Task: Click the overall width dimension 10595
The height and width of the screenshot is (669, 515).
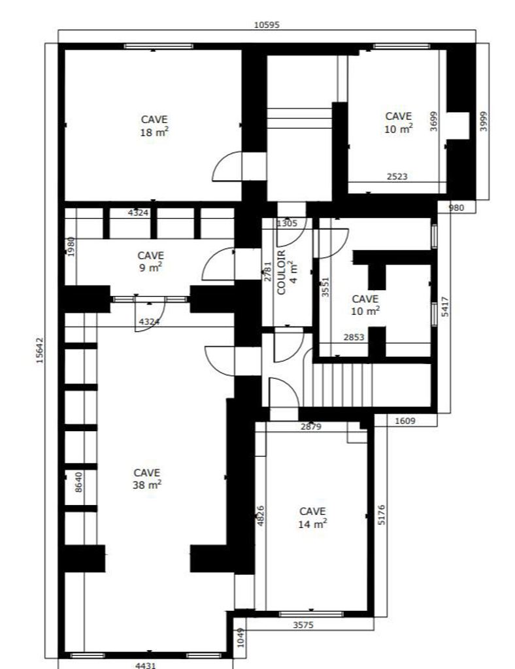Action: pos(267,25)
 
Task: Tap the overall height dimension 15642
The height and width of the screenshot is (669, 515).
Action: pos(40,350)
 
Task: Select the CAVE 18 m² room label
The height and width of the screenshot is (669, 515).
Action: pos(154,126)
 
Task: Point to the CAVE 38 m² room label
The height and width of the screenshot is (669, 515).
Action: pos(147,479)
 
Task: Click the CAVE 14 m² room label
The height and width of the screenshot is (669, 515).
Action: pos(312,517)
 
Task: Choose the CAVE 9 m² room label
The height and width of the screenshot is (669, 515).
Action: pos(150,261)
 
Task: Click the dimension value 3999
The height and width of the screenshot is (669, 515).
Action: pos(483,121)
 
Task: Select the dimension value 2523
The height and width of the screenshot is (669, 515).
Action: pos(397,176)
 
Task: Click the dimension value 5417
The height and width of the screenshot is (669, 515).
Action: pos(445,306)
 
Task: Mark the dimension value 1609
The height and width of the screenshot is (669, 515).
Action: pos(405,421)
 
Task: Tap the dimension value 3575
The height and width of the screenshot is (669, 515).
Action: pos(303,625)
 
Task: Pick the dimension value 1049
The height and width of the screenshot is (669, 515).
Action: pos(241,638)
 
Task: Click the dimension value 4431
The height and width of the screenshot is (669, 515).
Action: pos(146,665)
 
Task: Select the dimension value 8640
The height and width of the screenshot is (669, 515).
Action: pos(78,482)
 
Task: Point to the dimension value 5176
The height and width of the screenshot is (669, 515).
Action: pos(382,515)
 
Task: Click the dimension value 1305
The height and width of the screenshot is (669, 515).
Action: pos(287,223)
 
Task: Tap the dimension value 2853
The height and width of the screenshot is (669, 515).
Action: pos(354,338)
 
